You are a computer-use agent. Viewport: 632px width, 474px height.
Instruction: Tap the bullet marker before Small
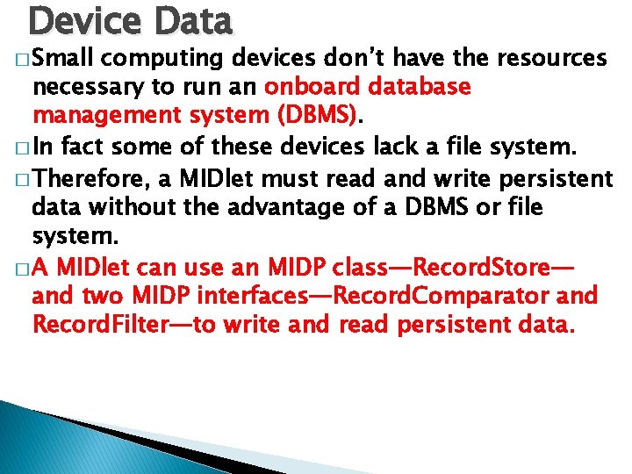click(x=23, y=60)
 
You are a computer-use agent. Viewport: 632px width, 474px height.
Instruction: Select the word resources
click(x=553, y=58)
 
